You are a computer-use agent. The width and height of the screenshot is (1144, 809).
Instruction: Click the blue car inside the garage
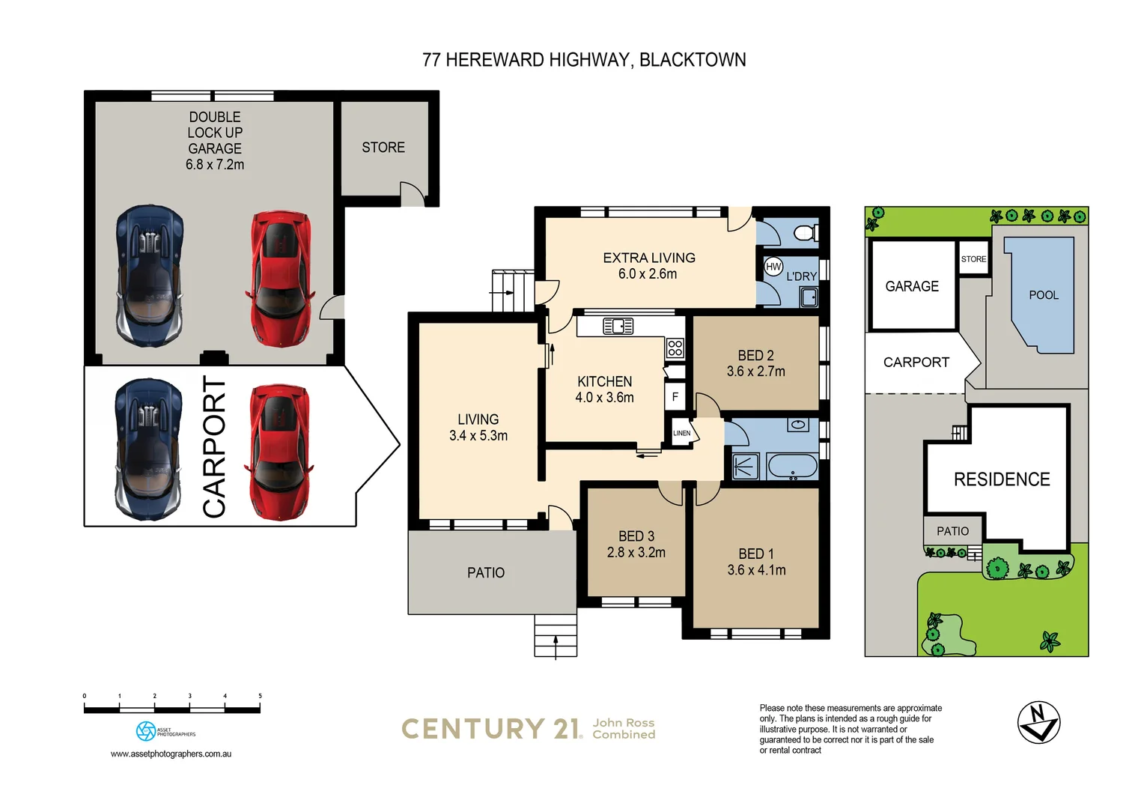[150, 276]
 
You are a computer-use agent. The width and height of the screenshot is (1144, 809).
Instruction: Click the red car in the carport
[279, 452]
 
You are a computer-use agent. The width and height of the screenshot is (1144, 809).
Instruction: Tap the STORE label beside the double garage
[383, 148]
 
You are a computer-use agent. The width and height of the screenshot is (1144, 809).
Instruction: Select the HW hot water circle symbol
[773, 267]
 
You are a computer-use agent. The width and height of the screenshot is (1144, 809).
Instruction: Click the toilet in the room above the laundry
[805, 232]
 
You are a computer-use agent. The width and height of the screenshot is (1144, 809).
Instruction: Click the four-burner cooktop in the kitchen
[675, 348]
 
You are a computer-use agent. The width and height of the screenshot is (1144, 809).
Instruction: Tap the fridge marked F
[675, 396]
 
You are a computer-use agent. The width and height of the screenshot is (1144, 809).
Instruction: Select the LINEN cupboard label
[681, 433]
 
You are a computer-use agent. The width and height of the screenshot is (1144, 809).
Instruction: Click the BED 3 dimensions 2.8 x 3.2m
[636, 553]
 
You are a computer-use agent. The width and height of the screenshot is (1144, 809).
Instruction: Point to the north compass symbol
[1038, 722]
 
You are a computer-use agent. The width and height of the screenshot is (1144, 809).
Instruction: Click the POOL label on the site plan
[1044, 295]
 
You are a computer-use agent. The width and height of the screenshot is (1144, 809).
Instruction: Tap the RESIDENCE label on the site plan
[1001, 479]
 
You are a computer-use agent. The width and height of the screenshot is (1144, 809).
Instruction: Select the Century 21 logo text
[491, 729]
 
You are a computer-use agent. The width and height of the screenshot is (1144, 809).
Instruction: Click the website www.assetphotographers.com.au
[171, 754]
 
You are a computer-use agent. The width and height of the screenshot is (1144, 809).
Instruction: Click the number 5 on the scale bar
[260, 696]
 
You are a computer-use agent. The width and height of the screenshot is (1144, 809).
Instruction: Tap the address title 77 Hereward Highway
[584, 60]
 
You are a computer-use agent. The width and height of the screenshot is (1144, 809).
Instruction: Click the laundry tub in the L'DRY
[809, 297]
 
